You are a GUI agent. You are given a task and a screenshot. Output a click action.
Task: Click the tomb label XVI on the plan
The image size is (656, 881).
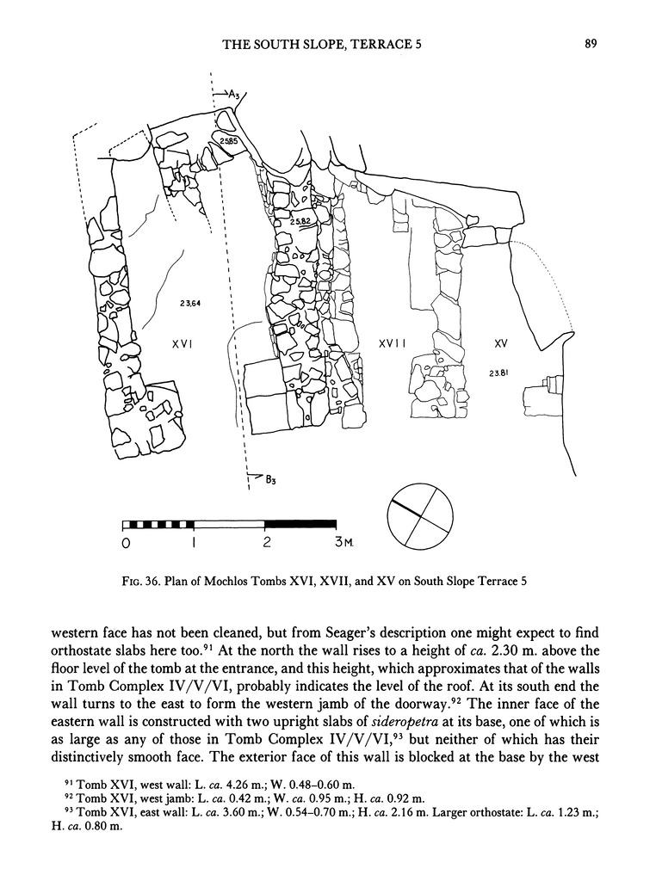coord(181,343)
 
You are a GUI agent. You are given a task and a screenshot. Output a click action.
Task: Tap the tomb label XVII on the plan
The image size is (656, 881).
coord(393,343)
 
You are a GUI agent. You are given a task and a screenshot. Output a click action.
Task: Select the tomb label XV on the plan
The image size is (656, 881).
coord(500,343)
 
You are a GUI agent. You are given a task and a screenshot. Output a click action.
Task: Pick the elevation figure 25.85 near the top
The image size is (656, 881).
coord(228,139)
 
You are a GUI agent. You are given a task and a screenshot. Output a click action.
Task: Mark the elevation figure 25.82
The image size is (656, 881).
coord(300,221)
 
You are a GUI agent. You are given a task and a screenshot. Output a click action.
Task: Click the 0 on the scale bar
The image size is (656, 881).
coord(126,544)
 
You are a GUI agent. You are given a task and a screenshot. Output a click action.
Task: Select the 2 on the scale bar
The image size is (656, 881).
coord(266,544)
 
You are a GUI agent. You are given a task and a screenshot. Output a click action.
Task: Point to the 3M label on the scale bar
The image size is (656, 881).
coord(342,544)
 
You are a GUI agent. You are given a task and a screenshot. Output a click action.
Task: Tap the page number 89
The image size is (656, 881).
coord(591,45)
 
